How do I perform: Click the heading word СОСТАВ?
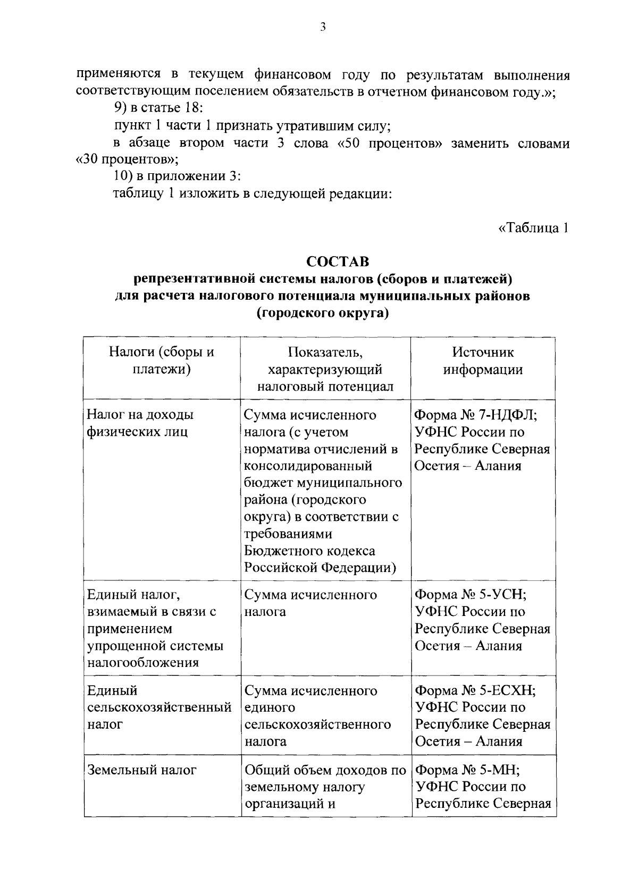click(337, 262)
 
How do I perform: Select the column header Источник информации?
click(483, 361)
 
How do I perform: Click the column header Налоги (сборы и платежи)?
click(161, 361)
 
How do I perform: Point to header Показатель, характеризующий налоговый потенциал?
click(325, 369)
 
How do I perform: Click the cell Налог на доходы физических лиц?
click(140, 423)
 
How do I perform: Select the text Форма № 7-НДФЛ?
click(475, 415)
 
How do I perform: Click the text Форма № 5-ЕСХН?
click(475, 690)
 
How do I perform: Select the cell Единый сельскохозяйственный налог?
click(158, 707)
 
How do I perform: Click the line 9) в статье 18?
click(159, 109)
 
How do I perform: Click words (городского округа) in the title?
click(323, 313)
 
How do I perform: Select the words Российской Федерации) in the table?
click(320, 568)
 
